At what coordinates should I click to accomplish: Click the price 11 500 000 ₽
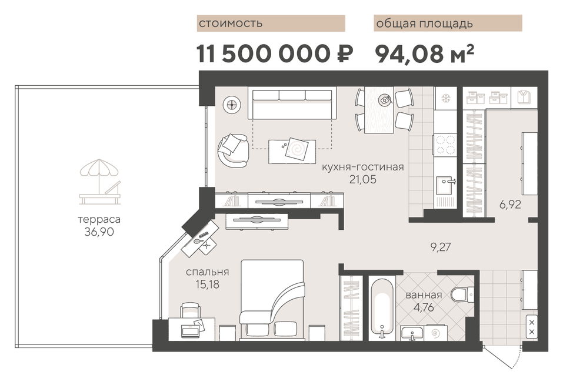point(274,54)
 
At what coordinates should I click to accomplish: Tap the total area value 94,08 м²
point(424,54)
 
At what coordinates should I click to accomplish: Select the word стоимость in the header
point(231,24)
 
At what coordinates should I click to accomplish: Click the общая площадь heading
point(424,24)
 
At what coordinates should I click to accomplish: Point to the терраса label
point(99,219)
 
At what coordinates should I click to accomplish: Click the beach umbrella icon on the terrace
point(100,182)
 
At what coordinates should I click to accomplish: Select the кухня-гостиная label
point(362,167)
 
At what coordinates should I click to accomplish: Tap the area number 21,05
point(363,179)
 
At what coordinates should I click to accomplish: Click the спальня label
point(207,272)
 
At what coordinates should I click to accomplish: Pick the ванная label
point(424,295)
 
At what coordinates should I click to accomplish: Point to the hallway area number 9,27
point(440,247)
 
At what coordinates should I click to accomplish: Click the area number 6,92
point(510,205)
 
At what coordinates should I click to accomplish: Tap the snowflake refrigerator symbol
point(445,98)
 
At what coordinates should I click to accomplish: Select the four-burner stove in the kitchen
point(445,144)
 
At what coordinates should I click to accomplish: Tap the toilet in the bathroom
point(462,294)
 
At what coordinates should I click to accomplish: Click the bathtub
point(382,308)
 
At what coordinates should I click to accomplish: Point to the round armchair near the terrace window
point(232,150)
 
